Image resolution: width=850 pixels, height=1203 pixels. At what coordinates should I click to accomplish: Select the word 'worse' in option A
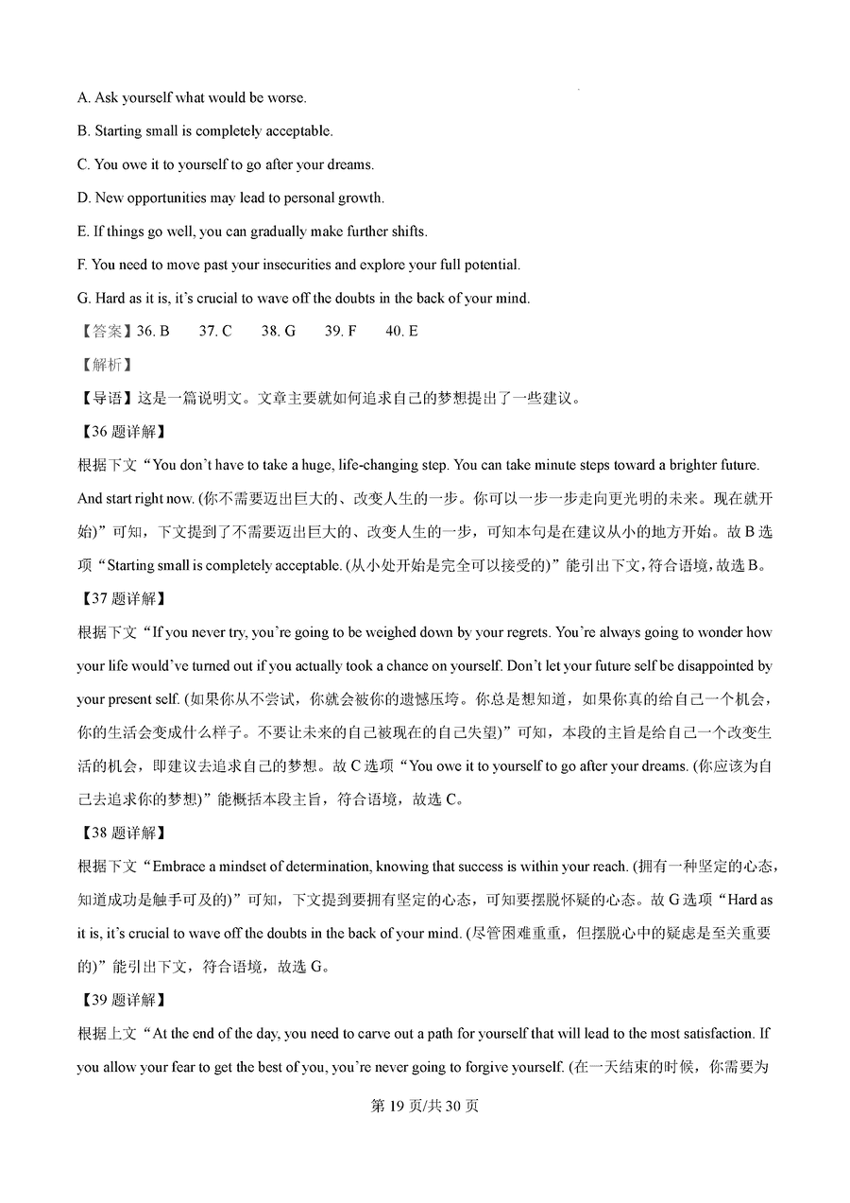coord(288,97)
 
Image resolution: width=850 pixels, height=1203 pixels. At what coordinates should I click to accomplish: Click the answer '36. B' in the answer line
coord(154,332)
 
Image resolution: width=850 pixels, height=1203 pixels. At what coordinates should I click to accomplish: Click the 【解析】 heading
coord(106,365)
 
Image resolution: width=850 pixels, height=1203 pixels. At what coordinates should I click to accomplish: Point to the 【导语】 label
coord(106,398)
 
